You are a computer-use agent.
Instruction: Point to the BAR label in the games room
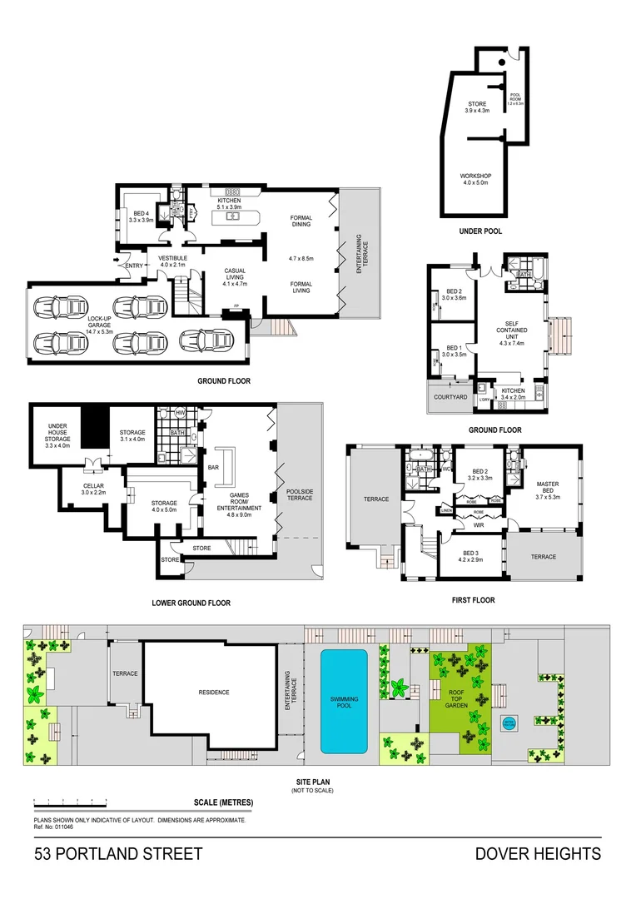[x=212, y=468]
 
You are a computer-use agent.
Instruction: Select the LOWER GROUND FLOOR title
[x=191, y=603]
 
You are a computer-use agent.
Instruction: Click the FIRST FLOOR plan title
[x=471, y=599]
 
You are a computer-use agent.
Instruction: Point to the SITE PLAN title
[x=312, y=782]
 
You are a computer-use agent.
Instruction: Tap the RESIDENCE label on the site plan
[x=213, y=692]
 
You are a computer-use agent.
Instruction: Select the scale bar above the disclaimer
[x=71, y=804]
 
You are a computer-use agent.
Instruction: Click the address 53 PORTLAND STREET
[x=117, y=854]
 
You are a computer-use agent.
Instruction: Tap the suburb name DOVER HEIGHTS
[x=538, y=854]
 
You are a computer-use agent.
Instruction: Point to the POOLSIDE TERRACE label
[x=300, y=494]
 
